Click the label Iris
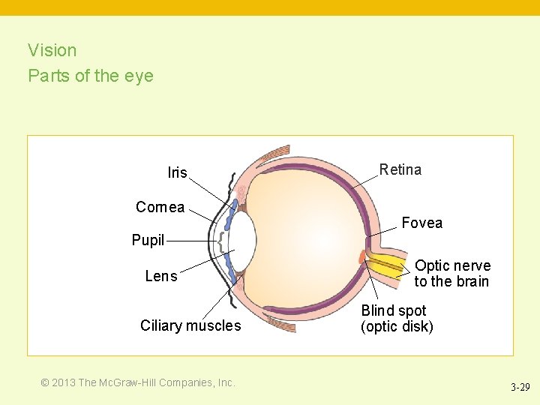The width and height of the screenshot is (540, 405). (177, 173)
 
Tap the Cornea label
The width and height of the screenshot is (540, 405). (160, 208)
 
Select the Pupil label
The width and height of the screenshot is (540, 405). (148, 241)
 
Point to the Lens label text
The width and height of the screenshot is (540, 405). (161, 277)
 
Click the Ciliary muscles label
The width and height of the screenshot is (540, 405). (190, 325)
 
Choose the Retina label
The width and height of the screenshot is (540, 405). (400, 169)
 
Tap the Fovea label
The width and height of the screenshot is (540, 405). (421, 223)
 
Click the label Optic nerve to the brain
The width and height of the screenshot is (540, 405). (452, 274)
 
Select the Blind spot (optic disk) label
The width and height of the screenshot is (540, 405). (397, 319)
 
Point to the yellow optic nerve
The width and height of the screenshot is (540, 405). (386, 265)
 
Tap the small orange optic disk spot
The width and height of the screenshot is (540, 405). (362, 257)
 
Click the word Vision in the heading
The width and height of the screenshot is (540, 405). (52, 50)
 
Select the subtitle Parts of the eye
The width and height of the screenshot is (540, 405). (91, 76)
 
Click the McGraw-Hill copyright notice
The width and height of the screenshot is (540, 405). (138, 382)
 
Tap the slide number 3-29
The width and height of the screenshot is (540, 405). (520, 388)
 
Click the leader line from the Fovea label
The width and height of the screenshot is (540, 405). (382, 231)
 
